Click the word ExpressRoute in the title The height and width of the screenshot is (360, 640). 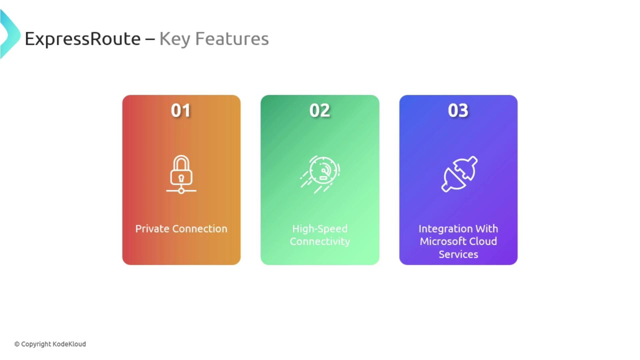coord(83,39)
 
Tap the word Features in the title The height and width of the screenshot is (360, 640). coord(232,39)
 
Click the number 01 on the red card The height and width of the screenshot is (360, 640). coord(181,110)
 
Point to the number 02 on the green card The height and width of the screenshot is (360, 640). coord(320,110)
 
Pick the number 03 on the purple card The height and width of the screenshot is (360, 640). coord(458,110)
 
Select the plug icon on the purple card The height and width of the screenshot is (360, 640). coord(460,174)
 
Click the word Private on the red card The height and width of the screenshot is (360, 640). coord(152,229)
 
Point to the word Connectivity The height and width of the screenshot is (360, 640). coord(320,242)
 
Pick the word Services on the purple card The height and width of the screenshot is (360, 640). coord(458,254)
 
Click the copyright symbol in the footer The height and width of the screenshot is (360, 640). coord(17,344)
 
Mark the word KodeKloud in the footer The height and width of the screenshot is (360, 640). coord(69,344)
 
